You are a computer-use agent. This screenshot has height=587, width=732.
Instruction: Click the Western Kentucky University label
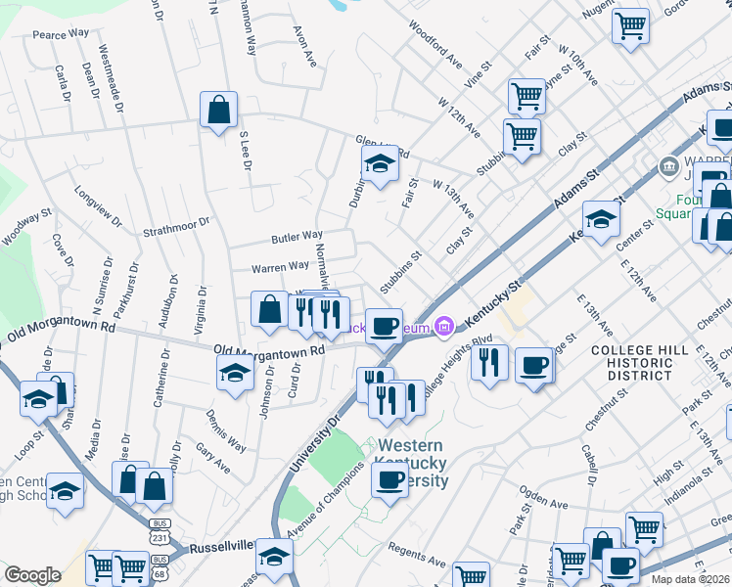click(412, 463)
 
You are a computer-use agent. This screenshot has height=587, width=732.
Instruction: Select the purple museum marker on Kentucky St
click(444, 325)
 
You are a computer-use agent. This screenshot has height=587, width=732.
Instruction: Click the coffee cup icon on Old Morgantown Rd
click(385, 325)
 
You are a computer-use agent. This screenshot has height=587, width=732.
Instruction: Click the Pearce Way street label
click(62, 33)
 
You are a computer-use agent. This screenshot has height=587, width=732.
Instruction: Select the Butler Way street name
click(297, 236)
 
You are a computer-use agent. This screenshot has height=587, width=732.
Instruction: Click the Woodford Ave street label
click(435, 44)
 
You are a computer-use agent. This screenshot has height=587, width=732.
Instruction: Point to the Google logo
click(33, 575)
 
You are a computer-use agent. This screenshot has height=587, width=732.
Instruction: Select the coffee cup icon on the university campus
click(389, 479)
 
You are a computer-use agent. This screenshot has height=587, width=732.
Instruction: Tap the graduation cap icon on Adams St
click(601, 217)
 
